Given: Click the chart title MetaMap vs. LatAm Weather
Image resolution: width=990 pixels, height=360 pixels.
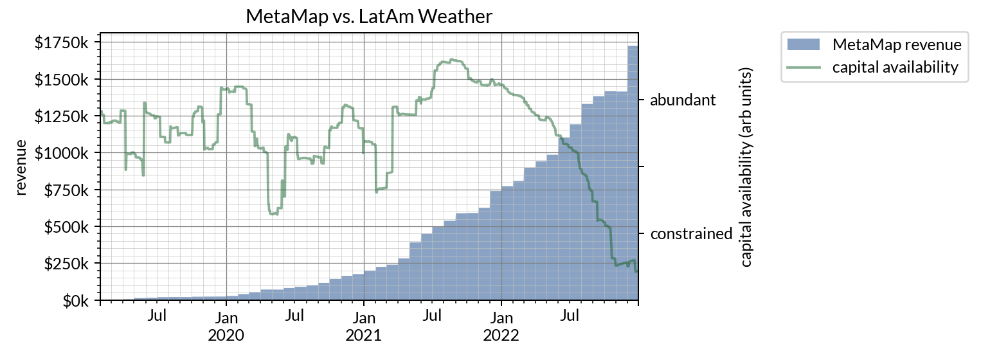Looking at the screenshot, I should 369,17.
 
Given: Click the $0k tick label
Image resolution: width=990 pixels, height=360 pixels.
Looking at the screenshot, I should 76,300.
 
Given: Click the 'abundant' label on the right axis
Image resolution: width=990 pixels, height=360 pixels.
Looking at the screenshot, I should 682,100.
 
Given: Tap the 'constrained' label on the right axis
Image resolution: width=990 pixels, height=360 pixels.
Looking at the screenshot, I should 691,233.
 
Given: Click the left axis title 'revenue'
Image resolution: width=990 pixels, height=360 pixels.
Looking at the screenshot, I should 21,166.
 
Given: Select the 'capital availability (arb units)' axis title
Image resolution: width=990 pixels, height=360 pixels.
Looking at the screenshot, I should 746,166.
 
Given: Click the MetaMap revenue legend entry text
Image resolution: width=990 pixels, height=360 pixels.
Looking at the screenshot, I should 896,45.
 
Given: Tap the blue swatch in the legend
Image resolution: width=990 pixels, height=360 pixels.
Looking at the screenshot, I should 804,45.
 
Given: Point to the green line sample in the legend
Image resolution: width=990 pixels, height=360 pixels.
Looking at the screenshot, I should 804,67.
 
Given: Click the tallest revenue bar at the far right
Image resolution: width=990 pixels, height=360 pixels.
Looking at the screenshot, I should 633,174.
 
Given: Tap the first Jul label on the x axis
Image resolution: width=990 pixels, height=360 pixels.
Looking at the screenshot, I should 157,316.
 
